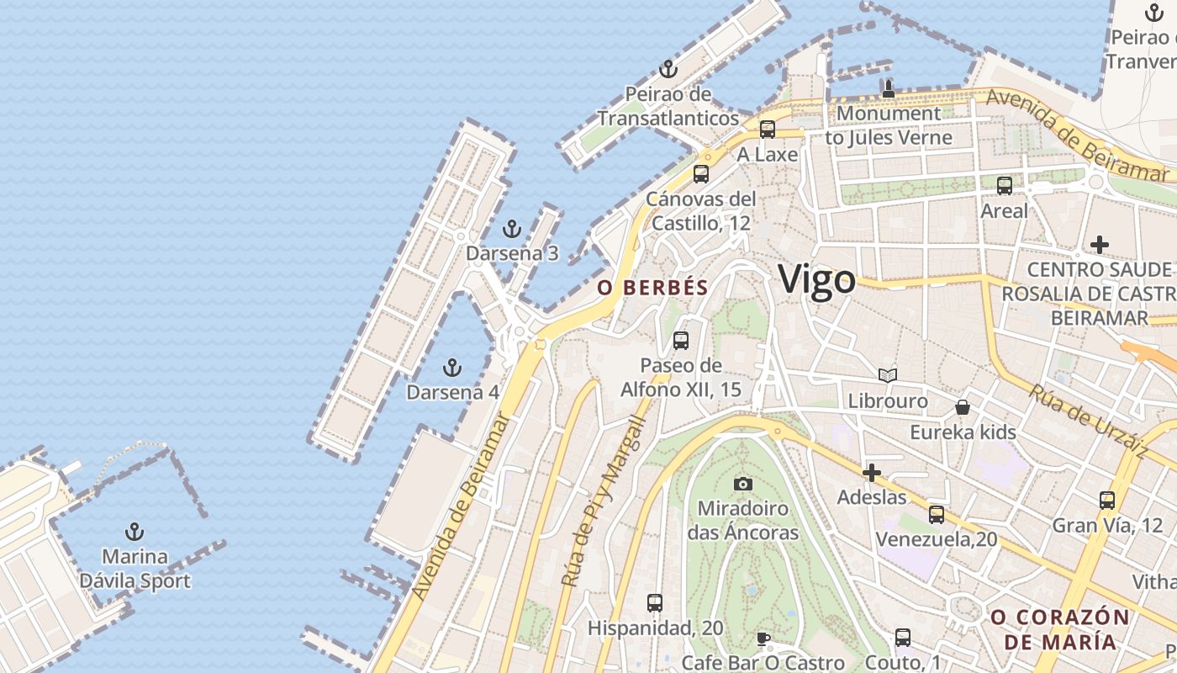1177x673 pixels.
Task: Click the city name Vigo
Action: [816, 279]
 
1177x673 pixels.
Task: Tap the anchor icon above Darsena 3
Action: [511, 229]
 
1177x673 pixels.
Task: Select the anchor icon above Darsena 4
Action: [452, 368]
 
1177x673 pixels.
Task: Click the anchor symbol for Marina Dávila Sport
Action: [134, 532]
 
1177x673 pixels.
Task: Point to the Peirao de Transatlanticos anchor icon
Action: [668, 69]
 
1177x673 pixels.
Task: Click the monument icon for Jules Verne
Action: [889, 88]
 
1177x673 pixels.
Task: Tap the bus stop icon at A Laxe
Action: [767, 130]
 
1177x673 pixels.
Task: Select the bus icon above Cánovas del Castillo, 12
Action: [700, 174]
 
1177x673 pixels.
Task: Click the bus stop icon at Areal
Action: [1004, 186]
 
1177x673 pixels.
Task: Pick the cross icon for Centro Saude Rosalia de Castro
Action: [1099, 245]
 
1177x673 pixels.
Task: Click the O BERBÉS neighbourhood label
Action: [652, 288]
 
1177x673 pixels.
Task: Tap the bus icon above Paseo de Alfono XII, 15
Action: [681, 341]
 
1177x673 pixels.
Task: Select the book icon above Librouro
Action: [888, 376]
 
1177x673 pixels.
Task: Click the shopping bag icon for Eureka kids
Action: [963, 408]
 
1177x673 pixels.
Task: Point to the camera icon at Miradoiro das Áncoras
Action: [742, 484]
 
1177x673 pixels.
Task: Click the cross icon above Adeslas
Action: [872, 473]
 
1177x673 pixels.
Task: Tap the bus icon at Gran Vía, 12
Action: [1107, 501]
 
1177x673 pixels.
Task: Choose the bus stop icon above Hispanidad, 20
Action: [655, 603]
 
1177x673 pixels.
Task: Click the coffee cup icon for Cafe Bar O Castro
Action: [763, 639]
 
